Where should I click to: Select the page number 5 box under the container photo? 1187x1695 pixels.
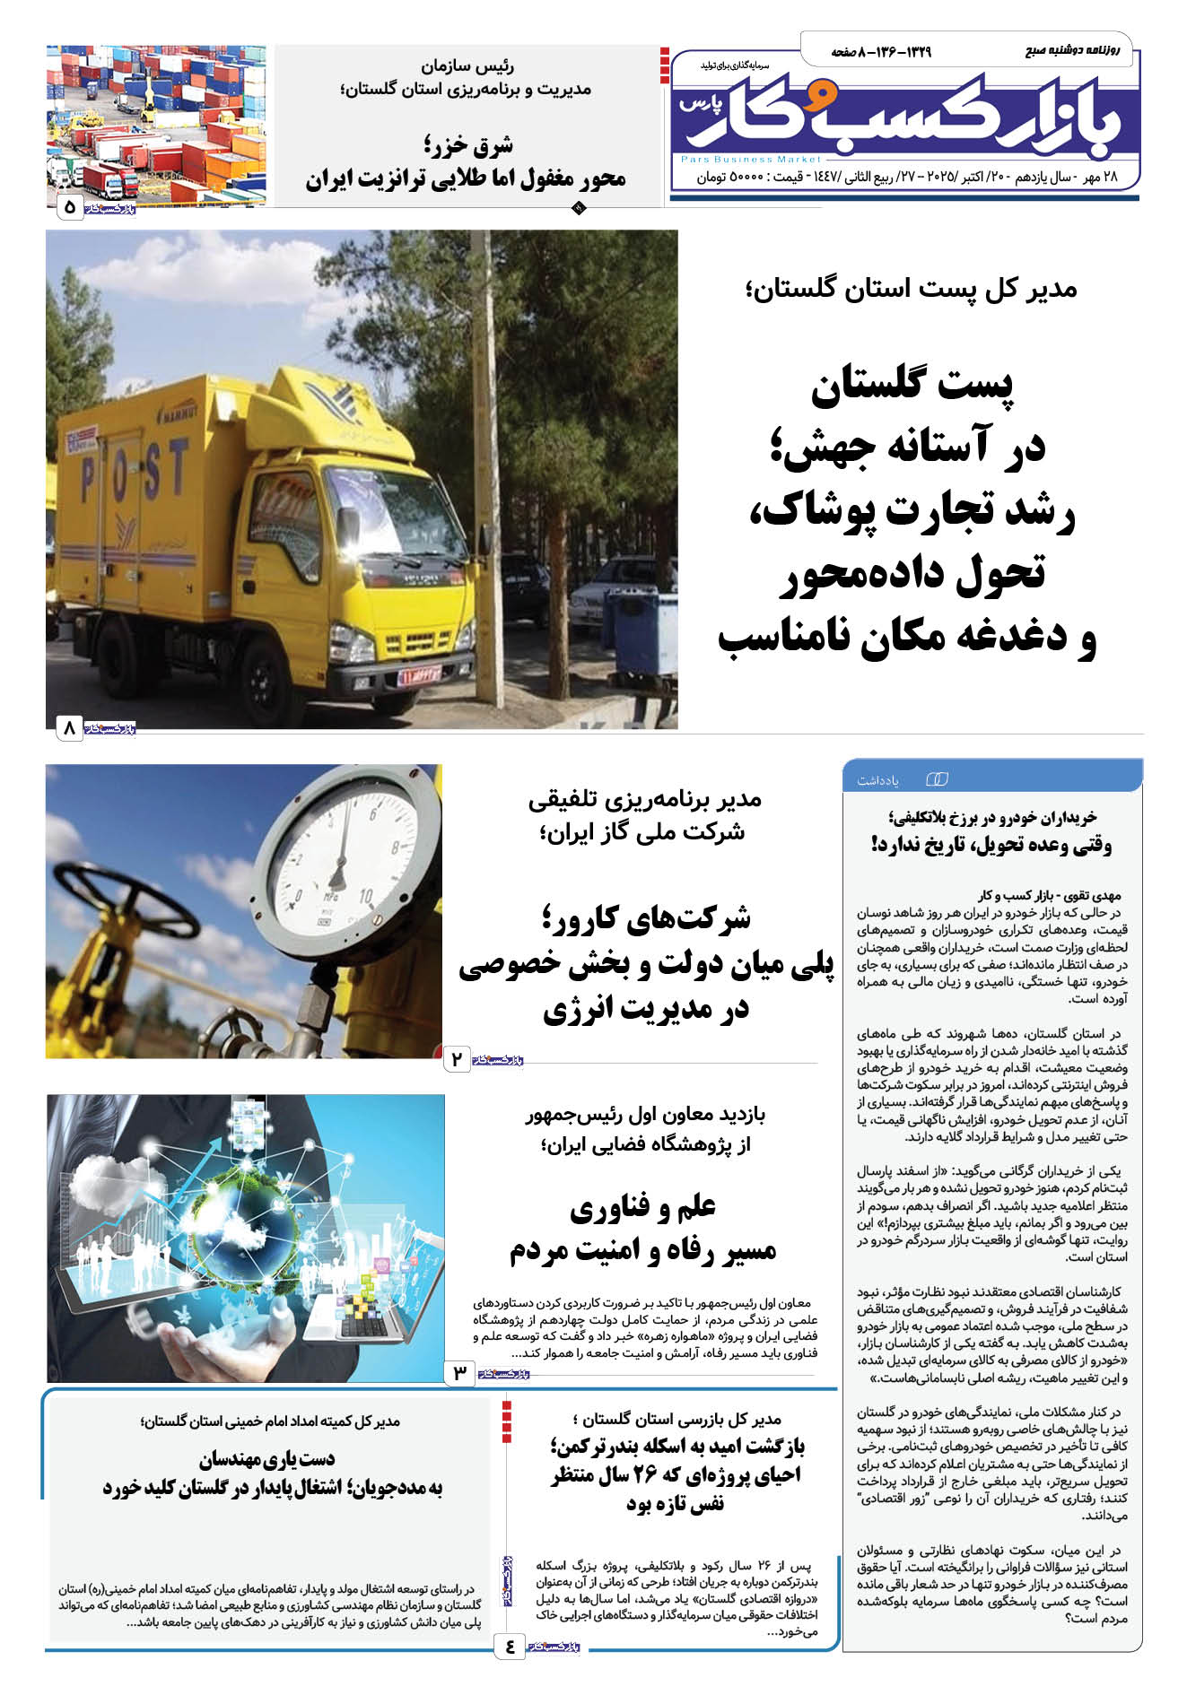point(70,208)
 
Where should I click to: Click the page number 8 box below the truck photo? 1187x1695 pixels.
point(69,728)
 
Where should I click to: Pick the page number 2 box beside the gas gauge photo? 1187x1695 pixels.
point(457,1059)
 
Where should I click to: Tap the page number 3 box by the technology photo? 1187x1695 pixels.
point(459,1372)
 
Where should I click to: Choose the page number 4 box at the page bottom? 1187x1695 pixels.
point(510,1646)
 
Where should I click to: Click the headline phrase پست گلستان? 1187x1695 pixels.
point(912,386)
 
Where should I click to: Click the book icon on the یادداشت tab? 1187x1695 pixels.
point(936,778)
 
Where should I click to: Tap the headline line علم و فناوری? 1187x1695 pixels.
point(643,1207)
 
